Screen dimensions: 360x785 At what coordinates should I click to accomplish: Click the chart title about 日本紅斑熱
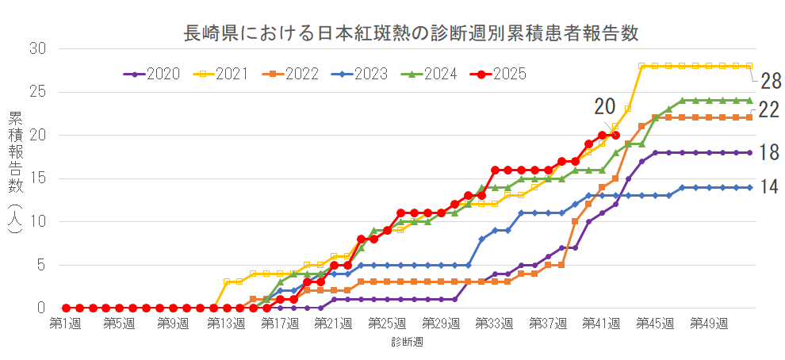411,33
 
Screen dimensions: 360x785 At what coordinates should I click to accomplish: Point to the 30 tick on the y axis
38,49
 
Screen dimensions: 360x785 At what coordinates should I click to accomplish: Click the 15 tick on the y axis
38,178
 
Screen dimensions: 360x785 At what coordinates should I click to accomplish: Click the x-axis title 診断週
407,342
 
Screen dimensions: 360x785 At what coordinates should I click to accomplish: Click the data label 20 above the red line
605,107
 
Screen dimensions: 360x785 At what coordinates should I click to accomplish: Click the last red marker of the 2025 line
616,136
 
